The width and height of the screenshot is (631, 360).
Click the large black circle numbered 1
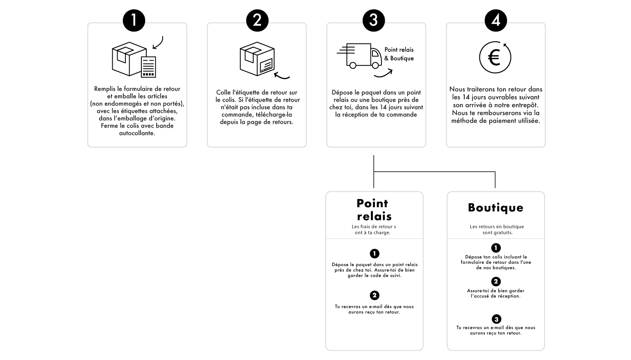[x=134, y=20]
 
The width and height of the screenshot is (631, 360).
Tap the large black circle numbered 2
[x=257, y=20]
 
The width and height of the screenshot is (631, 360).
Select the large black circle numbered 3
[x=374, y=20]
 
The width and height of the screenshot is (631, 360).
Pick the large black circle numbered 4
[x=495, y=20]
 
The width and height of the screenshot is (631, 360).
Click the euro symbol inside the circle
[x=494, y=58]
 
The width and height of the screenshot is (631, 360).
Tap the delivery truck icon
[x=359, y=56]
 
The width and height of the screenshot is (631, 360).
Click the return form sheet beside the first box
[x=148, y=67]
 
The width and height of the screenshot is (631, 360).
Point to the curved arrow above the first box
[x=159, y=43]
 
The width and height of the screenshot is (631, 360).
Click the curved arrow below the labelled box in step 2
[x=282, y=76]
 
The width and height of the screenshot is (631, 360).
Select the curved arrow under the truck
[x=384, y=74]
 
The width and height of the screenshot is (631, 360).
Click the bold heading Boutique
[x=495, y=208]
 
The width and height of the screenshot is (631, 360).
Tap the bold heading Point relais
[x=374, y=210]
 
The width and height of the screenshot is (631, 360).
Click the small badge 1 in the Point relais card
[x=375, y=254]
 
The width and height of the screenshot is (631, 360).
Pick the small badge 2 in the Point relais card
[x=375, y=295]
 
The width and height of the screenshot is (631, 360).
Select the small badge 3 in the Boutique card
[x=496, y=319]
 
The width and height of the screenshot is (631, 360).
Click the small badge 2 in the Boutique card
[x=496, y=281]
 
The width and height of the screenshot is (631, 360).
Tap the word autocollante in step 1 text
[x=137, y=133]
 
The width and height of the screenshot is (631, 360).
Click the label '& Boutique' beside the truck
[x=399, y=58]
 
